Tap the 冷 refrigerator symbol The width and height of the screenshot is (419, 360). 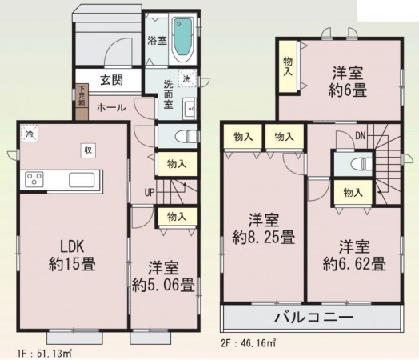tap(30, 134)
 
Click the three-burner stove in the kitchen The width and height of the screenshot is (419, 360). tap(36, 179)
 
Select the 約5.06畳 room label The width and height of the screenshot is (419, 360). tap(163, 275)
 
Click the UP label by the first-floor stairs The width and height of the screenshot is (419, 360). tap(149, 192)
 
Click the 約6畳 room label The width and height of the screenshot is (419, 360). tap(349, 82)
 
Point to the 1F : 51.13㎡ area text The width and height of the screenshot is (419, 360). tap(40, 350)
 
